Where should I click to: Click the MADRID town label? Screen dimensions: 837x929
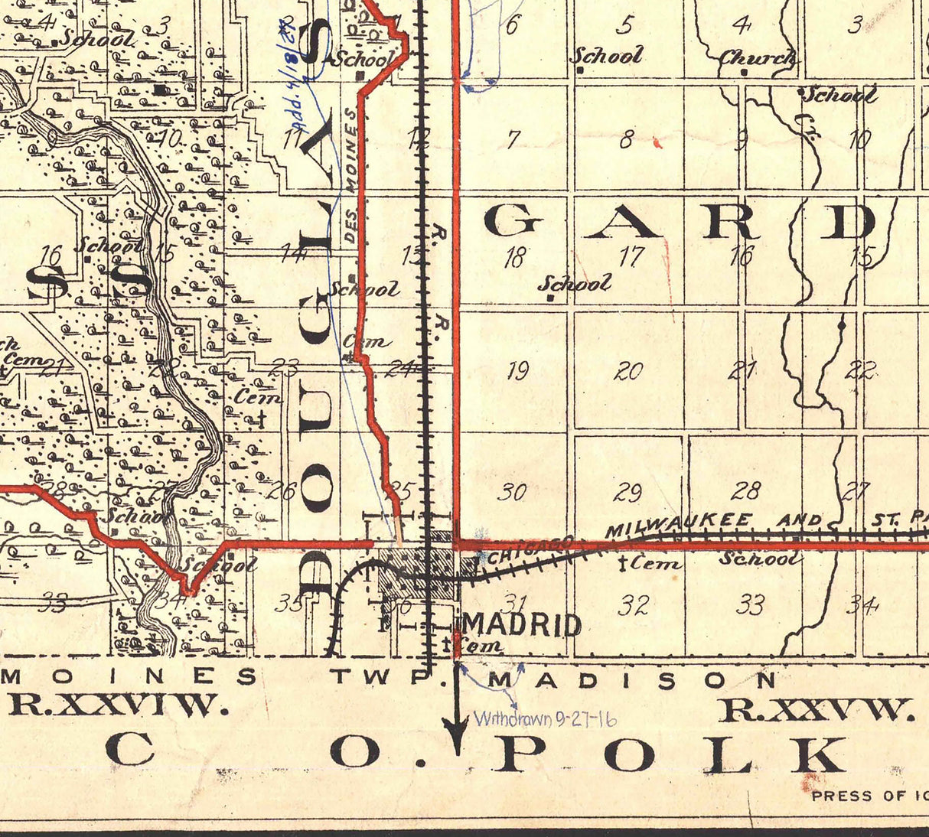coord(522,625)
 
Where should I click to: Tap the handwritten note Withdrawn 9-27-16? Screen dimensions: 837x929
coord(545,719)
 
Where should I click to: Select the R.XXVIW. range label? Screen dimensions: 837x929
coord(119,705)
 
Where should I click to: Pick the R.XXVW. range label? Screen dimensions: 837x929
coord(818,710)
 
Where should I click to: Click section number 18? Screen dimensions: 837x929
coord(515,257)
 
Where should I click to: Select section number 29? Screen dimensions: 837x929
coord(629,491)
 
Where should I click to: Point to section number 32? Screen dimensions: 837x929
coord(634,605)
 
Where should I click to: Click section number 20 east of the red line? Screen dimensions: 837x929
coord(628,371)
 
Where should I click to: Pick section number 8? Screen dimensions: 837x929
coord(627,140)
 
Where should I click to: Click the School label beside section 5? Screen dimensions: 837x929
coord(606,55)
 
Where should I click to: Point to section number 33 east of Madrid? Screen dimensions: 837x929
coord(750,605)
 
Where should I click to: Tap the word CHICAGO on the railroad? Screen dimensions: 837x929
coord(529,551)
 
